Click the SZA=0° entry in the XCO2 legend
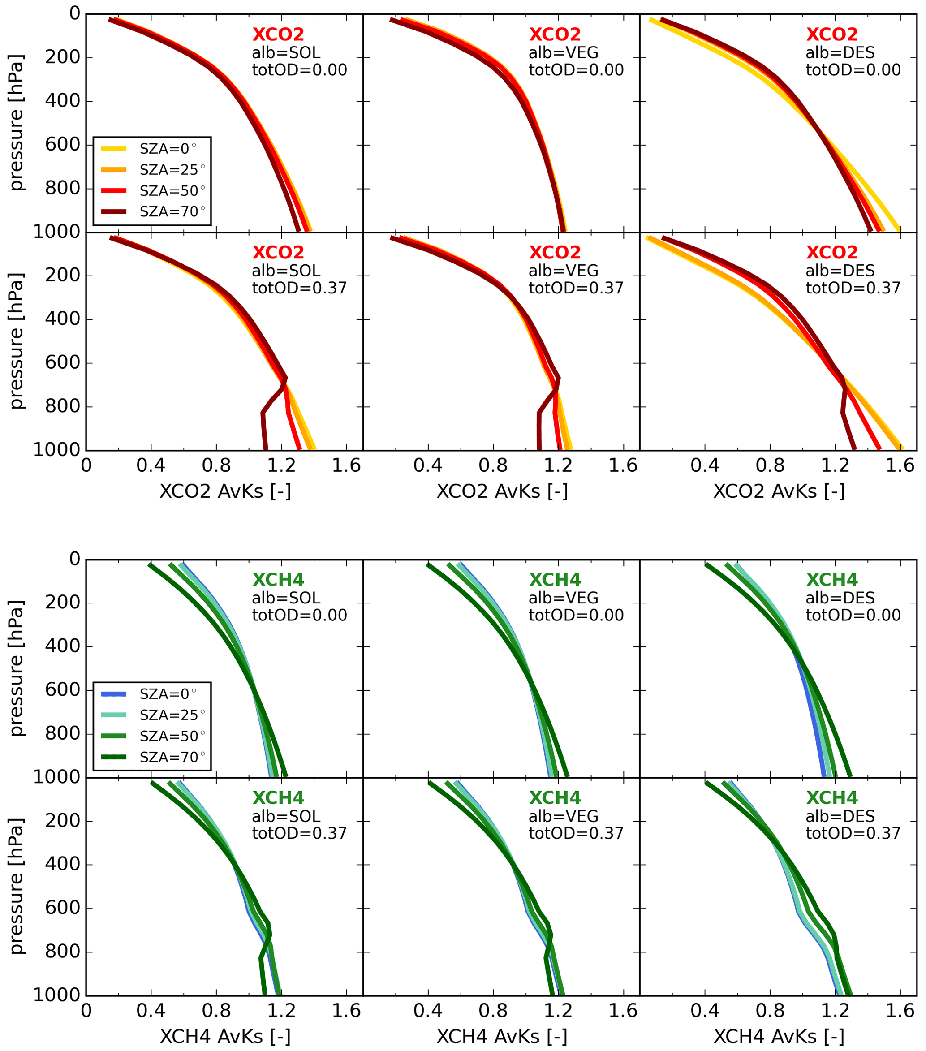pyautogui.click(x=168, y=149)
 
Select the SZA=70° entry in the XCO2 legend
pyautogui.click(x=172, y=212)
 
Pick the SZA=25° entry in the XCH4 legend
pyautogui.click(x=172, y=715)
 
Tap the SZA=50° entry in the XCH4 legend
pyautogui.click(x=172, y=737)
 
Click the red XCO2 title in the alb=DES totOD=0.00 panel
pyautogui.click(x=831, y=34)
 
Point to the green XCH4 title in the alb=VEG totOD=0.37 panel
pyautogui.click(x=555, y=797)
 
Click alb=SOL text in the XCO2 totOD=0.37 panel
pyautogui.click(x=286, y=271)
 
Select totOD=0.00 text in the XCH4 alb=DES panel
pyautogui.click(x=853, y=615)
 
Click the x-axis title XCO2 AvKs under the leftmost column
pyautogui.click(x=225, y=491)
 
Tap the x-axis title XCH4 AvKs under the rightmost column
pyautogui.click(x=779, y=1037)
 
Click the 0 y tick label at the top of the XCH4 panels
pyautogui.click(x=74, y=559)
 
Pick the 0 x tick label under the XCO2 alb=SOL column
pyautogui.click(x=86, y=466)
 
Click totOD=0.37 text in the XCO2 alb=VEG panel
pyautogui.click(x=576, y=288)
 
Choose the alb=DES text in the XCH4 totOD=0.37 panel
pyautogui.click(x=840, y=816)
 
